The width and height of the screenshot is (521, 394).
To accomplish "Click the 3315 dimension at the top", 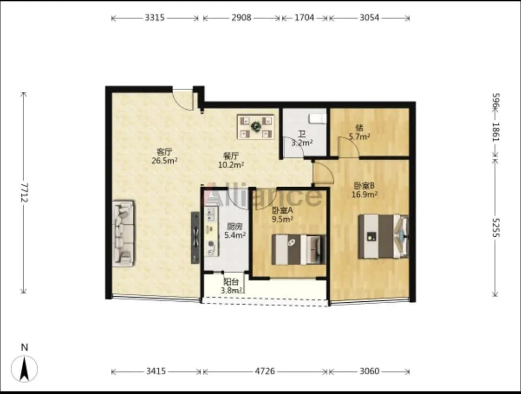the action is (x=154, y=18).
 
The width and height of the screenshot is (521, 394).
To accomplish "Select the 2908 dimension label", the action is (x=241, y=18).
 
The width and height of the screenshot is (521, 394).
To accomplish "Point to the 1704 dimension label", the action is (x=304, y=18).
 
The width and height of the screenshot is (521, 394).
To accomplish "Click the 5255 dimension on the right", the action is (x=495, y=228).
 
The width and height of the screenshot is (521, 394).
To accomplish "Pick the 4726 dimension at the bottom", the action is (x=265, y=371).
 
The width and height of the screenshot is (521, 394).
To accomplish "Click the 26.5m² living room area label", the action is (x=165, y=161).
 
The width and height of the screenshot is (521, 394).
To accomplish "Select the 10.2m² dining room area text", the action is (x=231, y=164).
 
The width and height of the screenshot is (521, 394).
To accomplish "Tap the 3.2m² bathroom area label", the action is (x=302, y=143).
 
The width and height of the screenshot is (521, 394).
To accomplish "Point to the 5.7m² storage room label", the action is (x=359, y=136).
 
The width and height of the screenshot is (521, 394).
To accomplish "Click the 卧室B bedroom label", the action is (x=364, y=186).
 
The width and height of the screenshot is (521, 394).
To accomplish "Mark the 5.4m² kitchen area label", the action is (x=235, y=235).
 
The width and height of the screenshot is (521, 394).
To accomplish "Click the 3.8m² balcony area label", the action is (x=232, y=291).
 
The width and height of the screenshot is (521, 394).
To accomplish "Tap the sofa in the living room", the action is (x=123, y=233).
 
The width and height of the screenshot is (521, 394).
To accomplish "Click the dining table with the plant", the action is (x=256, y=126).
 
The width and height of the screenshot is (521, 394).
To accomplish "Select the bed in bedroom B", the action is (x=384, y=236).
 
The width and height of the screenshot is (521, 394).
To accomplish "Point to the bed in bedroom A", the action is (x=299, y=249).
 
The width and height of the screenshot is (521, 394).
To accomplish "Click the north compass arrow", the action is (x=24, y=368).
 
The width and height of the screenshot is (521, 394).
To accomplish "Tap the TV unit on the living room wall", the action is (x=195, y=238).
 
